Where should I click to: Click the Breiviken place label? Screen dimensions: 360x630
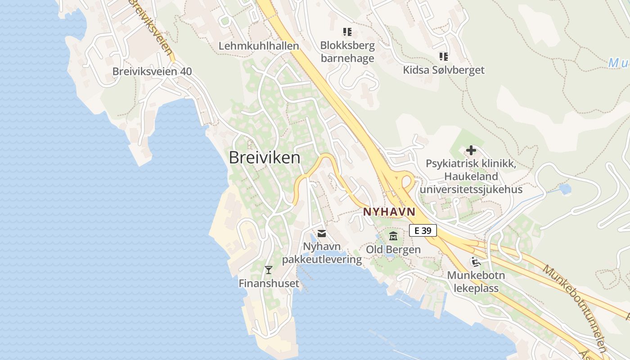coord(264,157)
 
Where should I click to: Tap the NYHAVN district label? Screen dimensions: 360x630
coord(389,211)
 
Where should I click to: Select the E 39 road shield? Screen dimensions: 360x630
coord(423,231)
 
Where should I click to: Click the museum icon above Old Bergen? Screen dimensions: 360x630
coord(393,236)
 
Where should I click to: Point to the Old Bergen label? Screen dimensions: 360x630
coord(393,249)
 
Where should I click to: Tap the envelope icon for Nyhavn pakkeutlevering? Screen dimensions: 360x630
coord(322,233)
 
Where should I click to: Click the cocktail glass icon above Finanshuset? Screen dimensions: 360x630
coord(269,270)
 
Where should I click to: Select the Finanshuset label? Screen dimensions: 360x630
coord(269,283)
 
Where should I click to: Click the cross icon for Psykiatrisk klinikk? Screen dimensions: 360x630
coord(471,150)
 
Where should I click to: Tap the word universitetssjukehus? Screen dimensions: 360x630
coord(471,189)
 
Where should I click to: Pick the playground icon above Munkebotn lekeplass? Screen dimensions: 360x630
coord(476,261)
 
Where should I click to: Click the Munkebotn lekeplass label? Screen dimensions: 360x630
coord(476,282)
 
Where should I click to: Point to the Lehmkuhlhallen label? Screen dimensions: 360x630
coord(259,46)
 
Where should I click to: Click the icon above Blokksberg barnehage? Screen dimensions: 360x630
coord(347,32)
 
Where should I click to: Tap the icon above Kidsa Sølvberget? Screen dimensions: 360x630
coord(444,57)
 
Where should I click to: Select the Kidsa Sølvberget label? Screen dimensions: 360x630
coord(444,70)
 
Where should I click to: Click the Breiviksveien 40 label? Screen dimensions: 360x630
coord(152,72)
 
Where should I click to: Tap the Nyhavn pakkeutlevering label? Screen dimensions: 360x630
coord(322,253)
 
